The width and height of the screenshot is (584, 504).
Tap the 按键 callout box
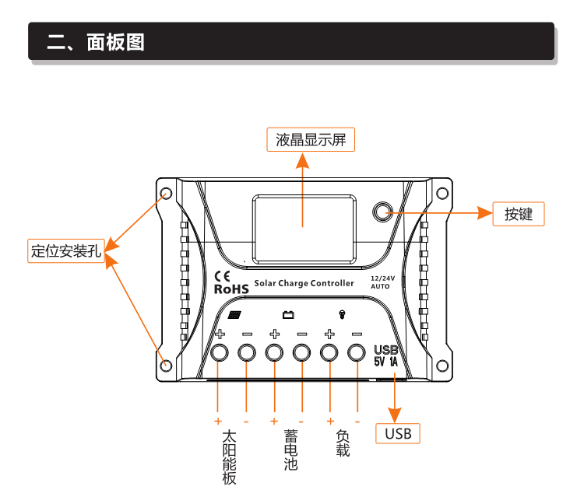pos(518,214)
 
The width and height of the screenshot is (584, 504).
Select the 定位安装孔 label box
pos(65,250)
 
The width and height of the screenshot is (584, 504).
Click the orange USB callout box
pos(398,433)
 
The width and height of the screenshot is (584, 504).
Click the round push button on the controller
pos(382,212)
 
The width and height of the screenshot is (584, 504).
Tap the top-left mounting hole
pos(165,194)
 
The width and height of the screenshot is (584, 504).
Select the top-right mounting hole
pos(442,194)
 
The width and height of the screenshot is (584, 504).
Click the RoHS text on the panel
pos(230,289)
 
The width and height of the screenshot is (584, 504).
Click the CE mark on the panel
pos(221,275)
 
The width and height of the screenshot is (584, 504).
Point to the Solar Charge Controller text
pos(304,283)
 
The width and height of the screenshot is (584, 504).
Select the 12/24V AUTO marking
pos(382,282)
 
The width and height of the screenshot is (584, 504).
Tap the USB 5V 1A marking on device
pos(386,355)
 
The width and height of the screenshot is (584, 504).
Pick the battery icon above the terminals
pos(288,315)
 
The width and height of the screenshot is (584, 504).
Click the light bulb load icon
pos(342,314)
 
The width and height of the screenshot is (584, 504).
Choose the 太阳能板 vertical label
pos(229,457)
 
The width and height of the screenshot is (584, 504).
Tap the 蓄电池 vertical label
pos(290,450)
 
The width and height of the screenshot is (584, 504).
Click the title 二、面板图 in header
pos(95,42)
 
